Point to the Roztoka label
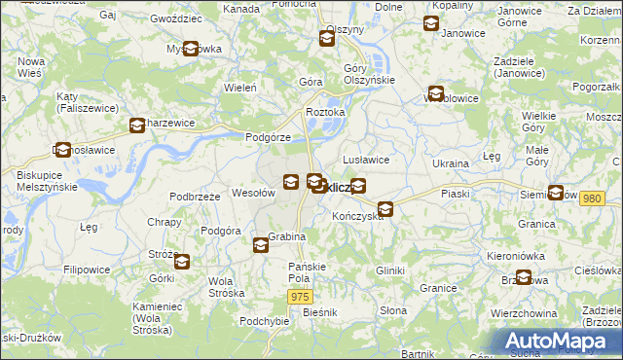(325, 113)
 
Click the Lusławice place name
(366, 160)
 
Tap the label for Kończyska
(357, 215)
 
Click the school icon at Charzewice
(137, 125)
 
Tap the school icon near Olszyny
(327, 39)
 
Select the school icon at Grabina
(261, 245)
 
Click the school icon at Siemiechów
(556, 193)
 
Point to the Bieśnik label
(319, 312)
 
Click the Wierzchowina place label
(524, 314)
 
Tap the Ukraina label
(451, 163)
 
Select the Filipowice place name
(87, 269)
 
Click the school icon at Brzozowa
(524, 277)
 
